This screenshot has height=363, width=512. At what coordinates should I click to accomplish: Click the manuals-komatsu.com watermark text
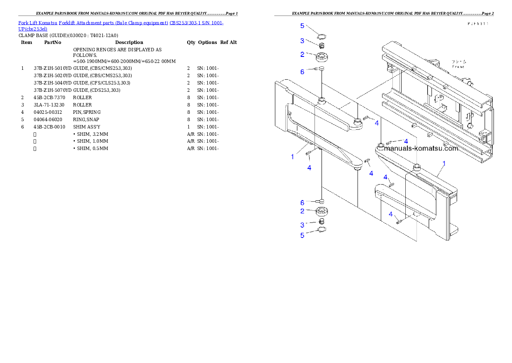(x=421, y=149)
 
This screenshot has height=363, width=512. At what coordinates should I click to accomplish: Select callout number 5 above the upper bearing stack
(x=302, y=26)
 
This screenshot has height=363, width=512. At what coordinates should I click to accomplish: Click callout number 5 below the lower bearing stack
(x=302, y=235)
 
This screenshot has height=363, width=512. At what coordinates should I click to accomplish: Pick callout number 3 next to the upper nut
(x=302, y=41)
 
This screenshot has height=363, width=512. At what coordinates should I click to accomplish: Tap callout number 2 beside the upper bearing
(x=302, y=54)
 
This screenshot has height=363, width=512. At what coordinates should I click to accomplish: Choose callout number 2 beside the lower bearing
(x=302, y=211)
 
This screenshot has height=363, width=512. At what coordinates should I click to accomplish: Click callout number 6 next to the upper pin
(x=302, y=72)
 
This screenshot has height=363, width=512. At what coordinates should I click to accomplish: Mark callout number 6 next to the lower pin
(x=302, y=203)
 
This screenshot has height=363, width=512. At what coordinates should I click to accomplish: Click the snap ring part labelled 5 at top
(x=321, y=36)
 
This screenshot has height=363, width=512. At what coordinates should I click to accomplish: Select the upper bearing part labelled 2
(x=322, y=56)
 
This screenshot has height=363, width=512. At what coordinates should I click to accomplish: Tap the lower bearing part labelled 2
(x=322, y=212)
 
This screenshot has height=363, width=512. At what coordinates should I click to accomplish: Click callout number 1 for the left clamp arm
(x=293, y=156)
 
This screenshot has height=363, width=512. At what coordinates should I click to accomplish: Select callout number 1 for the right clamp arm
(x=444, y=164)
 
